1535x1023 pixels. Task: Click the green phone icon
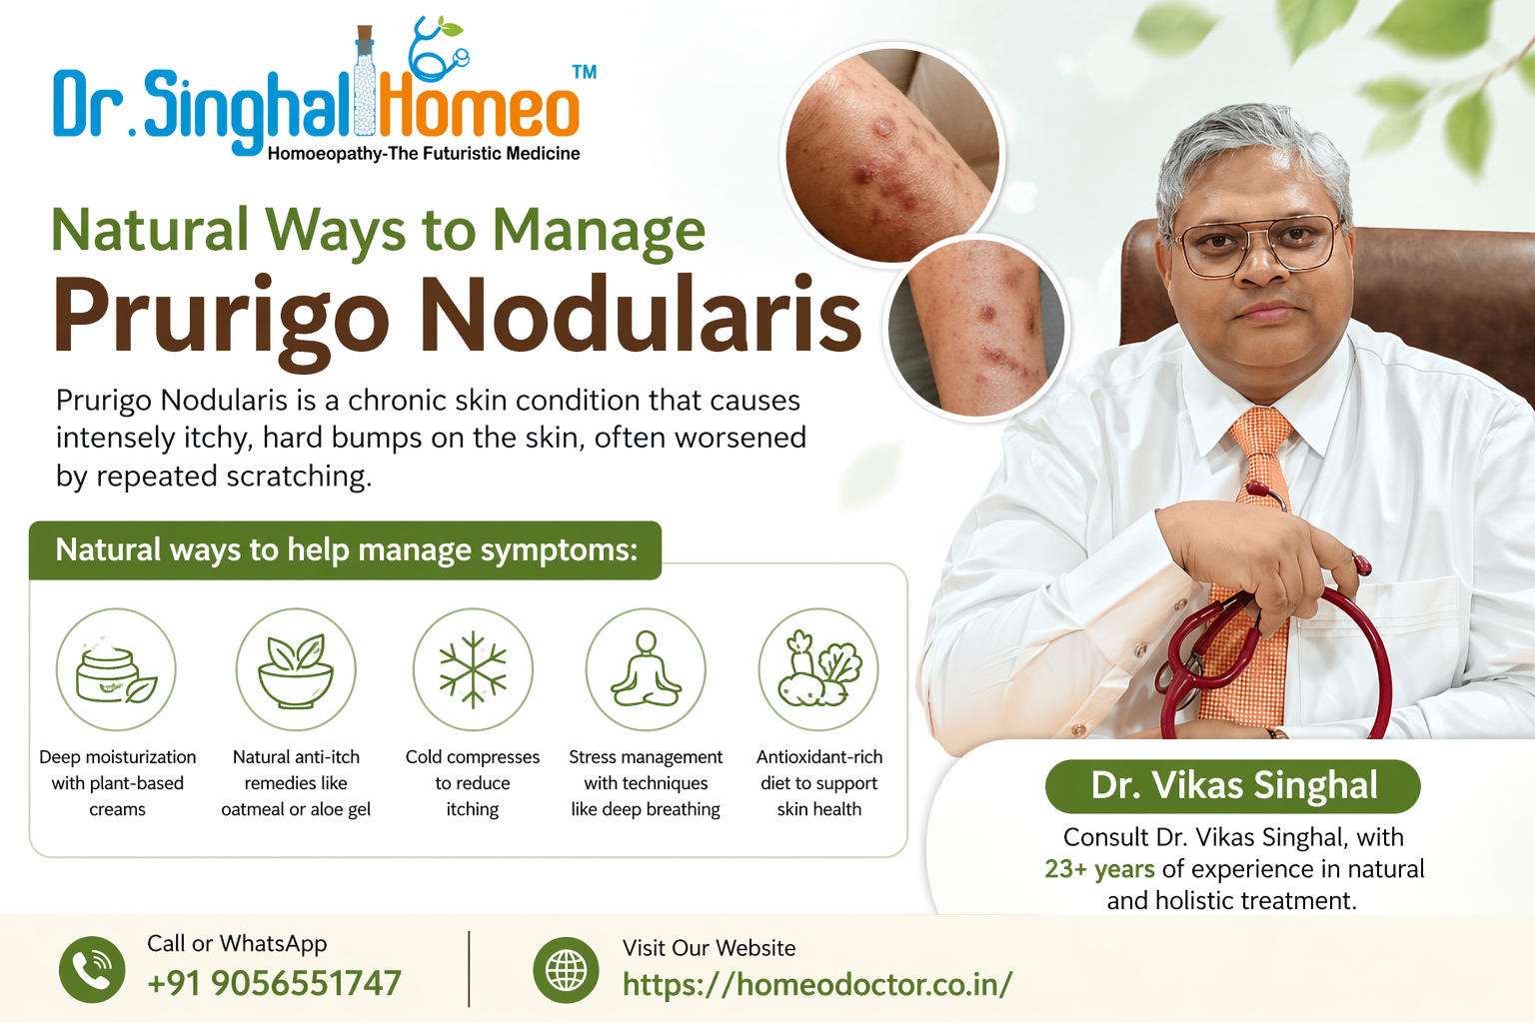(92, 970)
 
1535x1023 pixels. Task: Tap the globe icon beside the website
(566, 970)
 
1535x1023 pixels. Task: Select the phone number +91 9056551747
(274, 983)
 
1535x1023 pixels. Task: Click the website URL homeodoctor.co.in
(816, 985)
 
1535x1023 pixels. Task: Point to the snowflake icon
(473, 669)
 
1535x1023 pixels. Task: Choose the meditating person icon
(646, 668)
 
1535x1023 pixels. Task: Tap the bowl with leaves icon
(296, 670)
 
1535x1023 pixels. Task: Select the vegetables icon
(818, 669)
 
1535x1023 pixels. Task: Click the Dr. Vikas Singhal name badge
(1233, 786)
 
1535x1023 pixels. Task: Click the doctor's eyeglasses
(1257, 243)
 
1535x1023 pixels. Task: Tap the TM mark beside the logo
(584, 72)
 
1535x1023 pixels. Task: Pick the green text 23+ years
(1100, 869)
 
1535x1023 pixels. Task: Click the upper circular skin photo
(892, 155)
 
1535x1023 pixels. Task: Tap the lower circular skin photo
(976, 328)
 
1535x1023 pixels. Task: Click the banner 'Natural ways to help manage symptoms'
(346, 550)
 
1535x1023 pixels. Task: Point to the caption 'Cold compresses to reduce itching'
(473, 783)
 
